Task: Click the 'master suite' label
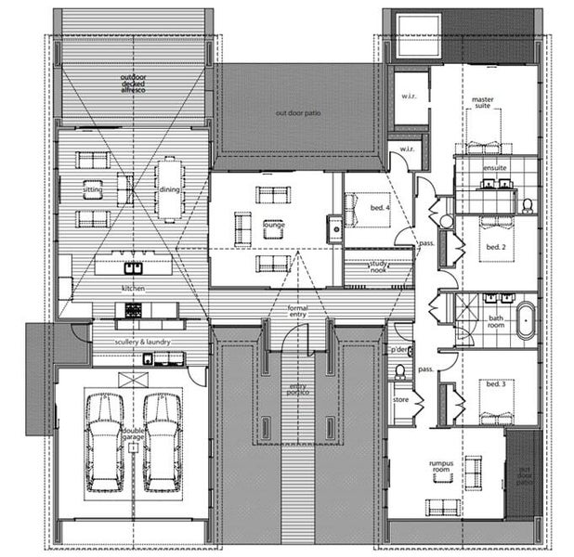(x=482, y=102)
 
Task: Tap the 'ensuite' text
(x=495, y=168)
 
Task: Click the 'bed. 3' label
(x=495, y=383)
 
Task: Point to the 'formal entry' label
(x=297, y=311)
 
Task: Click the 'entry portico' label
(x=297, y=390)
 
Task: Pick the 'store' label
(x=400, y=400)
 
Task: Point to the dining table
(x=168, y=188)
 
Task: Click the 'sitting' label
(x=92, y=189)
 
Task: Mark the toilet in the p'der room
(x=400, y=371)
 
